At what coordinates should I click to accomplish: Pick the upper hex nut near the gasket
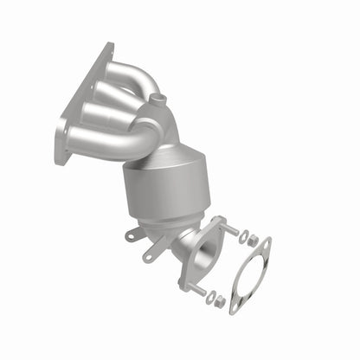click(251, 240)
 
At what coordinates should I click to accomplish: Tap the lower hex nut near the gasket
click(222, 303)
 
